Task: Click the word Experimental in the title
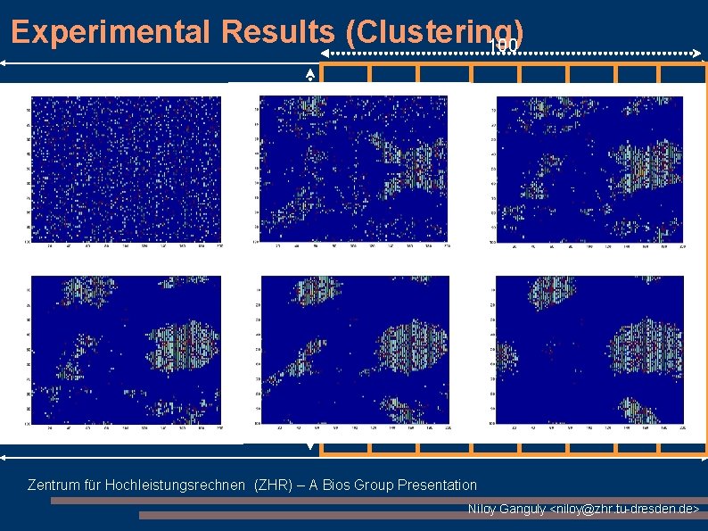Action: [113, 32]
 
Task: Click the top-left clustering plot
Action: [125, 169]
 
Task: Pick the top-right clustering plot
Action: [590, 169]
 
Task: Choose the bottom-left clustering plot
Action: [125, 349]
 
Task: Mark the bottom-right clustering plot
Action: [590, 349]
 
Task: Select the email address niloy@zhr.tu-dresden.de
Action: [624, 509]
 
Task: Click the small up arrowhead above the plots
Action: [310, 72]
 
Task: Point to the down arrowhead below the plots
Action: [310, 445]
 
